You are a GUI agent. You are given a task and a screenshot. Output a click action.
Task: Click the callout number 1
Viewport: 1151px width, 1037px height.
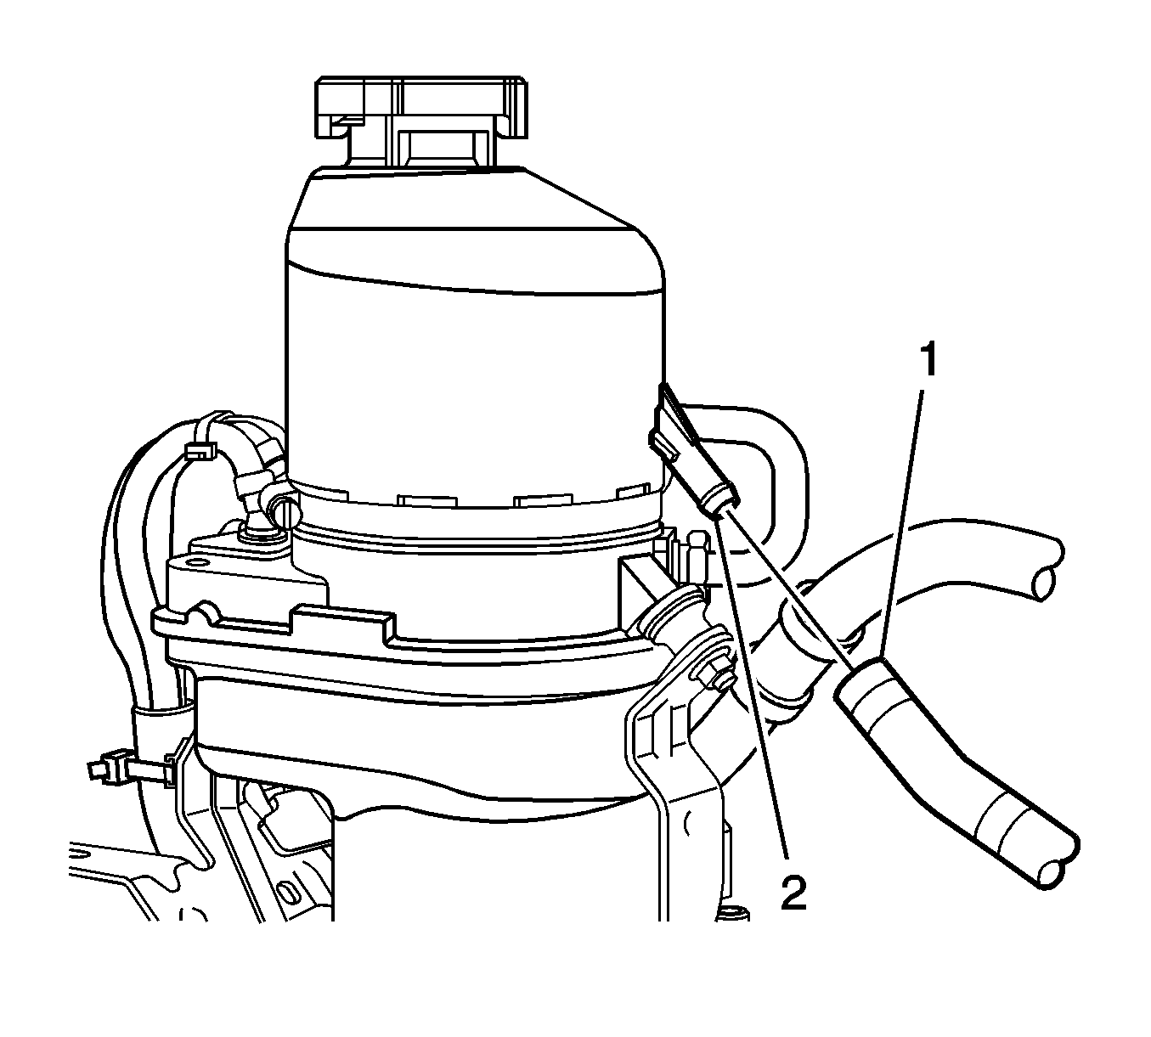coord(928,359)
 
